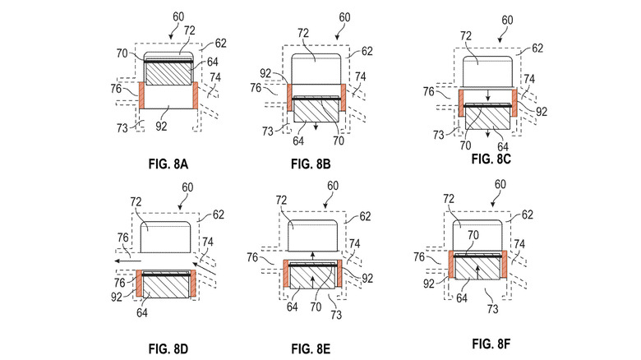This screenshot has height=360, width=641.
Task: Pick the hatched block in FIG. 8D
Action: (168, 284)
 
